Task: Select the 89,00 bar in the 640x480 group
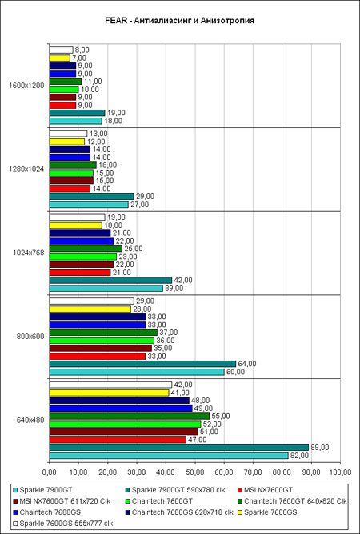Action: point(179,448)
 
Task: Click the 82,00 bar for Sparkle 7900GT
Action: point(169,456)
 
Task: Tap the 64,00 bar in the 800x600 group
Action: point(142,364)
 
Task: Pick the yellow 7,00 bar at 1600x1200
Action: point(60,58)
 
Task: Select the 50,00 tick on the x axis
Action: point(195,472)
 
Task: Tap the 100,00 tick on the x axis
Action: point(340,472)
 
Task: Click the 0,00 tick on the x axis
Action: point(50,472)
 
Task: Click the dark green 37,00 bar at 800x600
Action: point(103,333)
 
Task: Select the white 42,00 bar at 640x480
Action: point(110,385)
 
